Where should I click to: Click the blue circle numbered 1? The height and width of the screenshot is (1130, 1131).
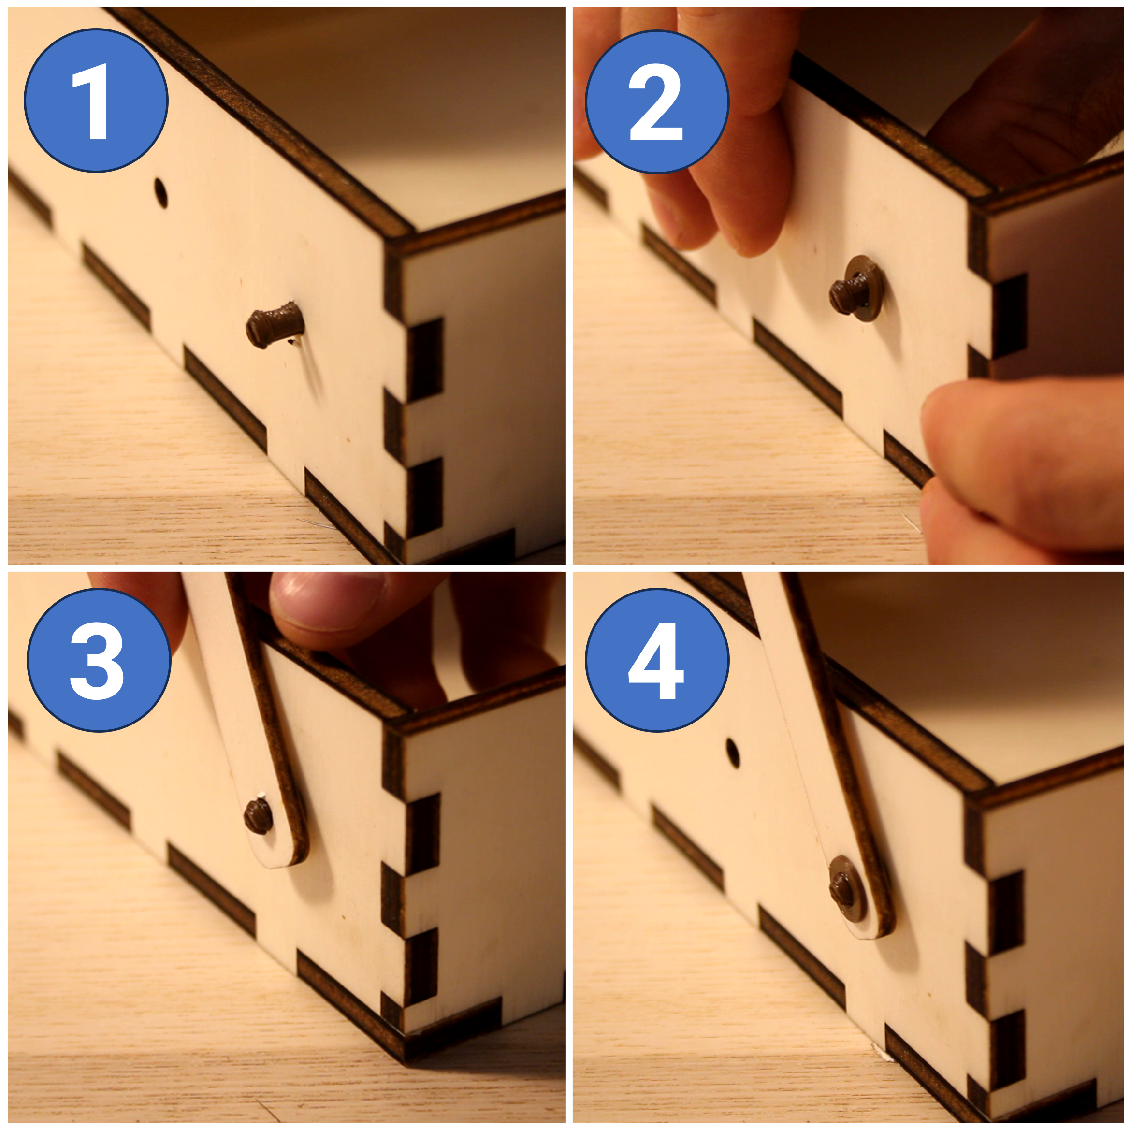tap(96, 101)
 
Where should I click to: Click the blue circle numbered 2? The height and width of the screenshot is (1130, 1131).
tap(657, 102)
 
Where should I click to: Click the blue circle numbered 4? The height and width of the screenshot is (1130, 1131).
tap(657, 660)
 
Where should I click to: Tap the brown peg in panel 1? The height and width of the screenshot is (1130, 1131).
tap(274, 325)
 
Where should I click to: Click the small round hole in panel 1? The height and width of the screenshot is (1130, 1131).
tap(160, 193)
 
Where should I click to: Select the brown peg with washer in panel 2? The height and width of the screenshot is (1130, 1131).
tap(856, 288)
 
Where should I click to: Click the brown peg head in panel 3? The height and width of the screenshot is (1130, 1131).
tap(258, 816)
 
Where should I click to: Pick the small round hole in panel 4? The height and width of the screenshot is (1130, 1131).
tap(732, 753)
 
